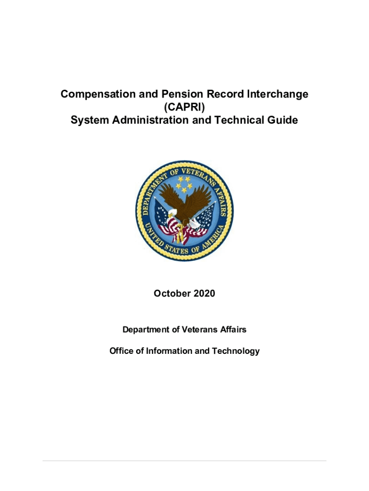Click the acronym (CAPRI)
184,107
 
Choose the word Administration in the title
151,120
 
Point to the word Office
121,351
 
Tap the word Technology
235,351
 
